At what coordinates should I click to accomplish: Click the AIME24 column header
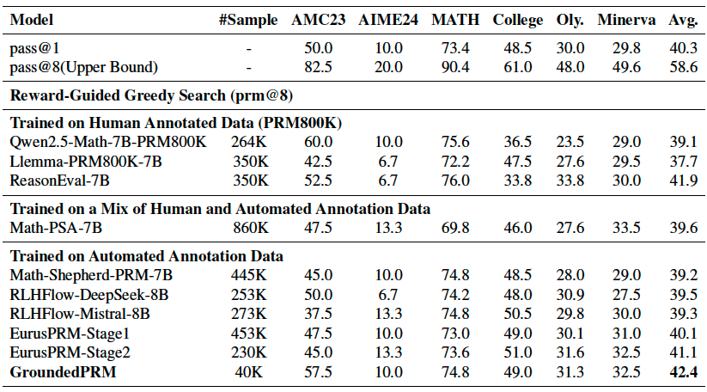[388, 18]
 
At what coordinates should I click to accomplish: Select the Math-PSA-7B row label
[57, 227]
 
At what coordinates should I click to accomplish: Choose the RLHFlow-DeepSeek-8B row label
[88, 294]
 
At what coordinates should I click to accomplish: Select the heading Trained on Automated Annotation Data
[146, 256]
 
